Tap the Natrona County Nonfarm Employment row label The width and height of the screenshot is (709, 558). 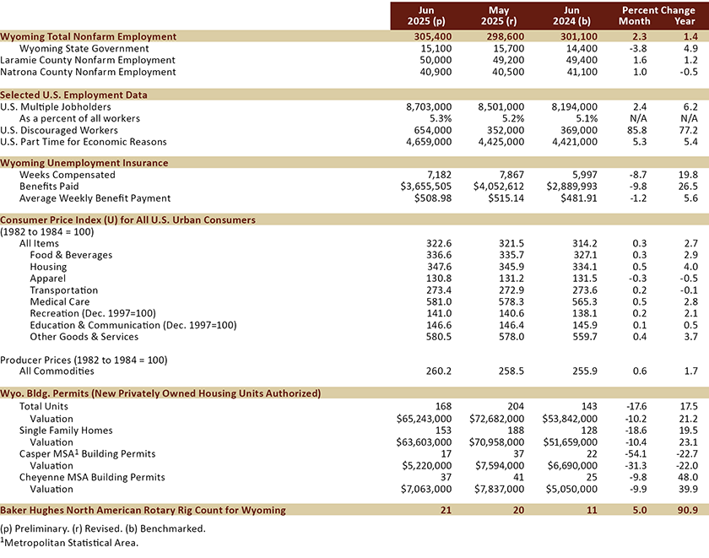tap(88, 73)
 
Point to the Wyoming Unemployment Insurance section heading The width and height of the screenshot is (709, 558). tap(84, 163)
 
